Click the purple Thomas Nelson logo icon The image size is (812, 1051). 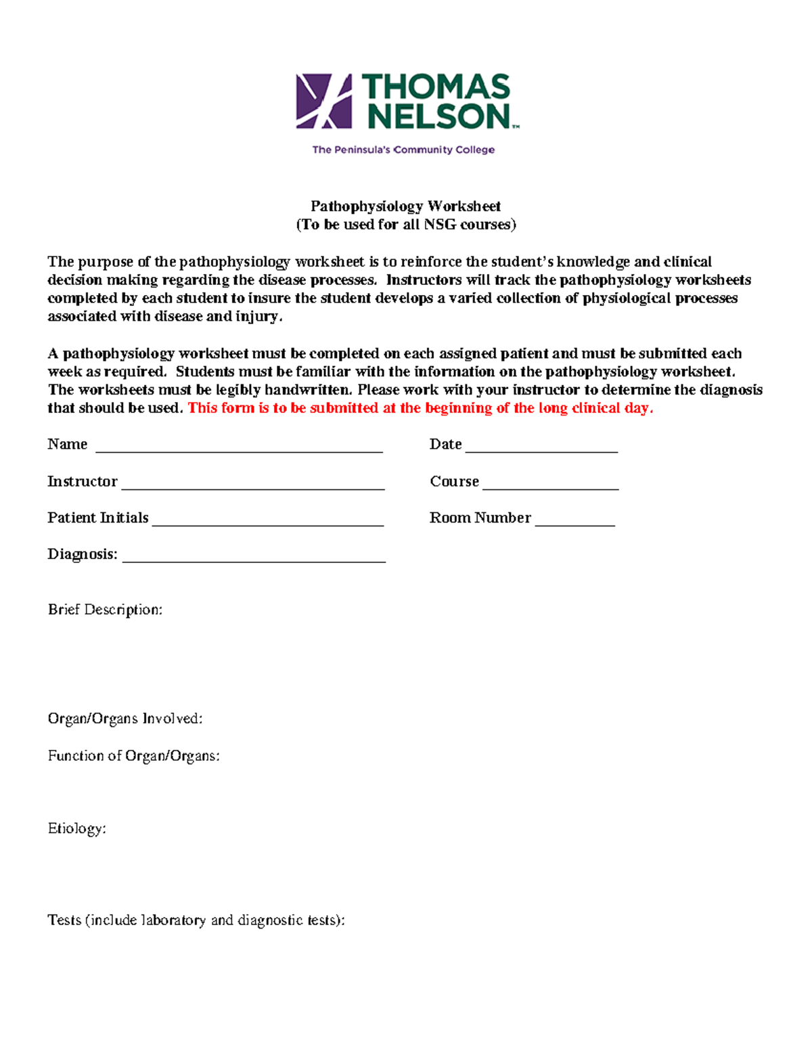324,102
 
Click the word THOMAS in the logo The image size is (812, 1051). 436,87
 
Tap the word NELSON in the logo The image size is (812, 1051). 438,116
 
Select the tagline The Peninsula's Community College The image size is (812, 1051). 403,150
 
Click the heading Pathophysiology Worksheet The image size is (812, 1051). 405,206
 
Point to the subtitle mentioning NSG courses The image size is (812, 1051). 405,225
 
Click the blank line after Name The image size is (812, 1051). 240,449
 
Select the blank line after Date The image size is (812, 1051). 541,449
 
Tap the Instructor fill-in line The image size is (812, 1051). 253,486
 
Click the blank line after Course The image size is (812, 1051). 551,486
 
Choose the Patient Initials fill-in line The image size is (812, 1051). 268,522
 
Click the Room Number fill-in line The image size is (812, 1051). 574,522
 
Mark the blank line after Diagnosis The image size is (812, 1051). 254,559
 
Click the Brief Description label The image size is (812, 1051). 105,610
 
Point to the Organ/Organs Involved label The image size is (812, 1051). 125,719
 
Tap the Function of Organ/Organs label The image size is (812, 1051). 134,756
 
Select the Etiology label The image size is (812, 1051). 77,829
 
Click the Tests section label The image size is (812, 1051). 196,920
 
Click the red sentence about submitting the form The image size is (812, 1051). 420,408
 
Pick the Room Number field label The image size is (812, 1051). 480,518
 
